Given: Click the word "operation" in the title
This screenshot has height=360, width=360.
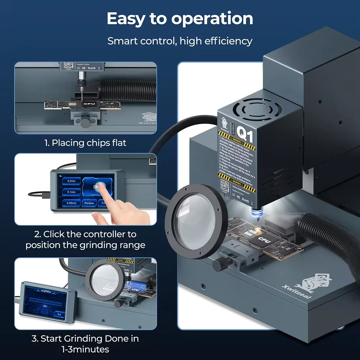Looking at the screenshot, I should coord(212,19).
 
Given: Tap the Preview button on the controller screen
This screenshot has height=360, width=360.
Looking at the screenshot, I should coord(89,203).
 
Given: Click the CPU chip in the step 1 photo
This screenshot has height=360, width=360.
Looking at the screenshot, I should coord(89,104).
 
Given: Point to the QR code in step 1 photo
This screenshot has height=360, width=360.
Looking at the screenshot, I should coord(68,66).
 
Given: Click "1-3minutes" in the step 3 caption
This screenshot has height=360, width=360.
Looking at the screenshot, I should coord(85,349).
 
